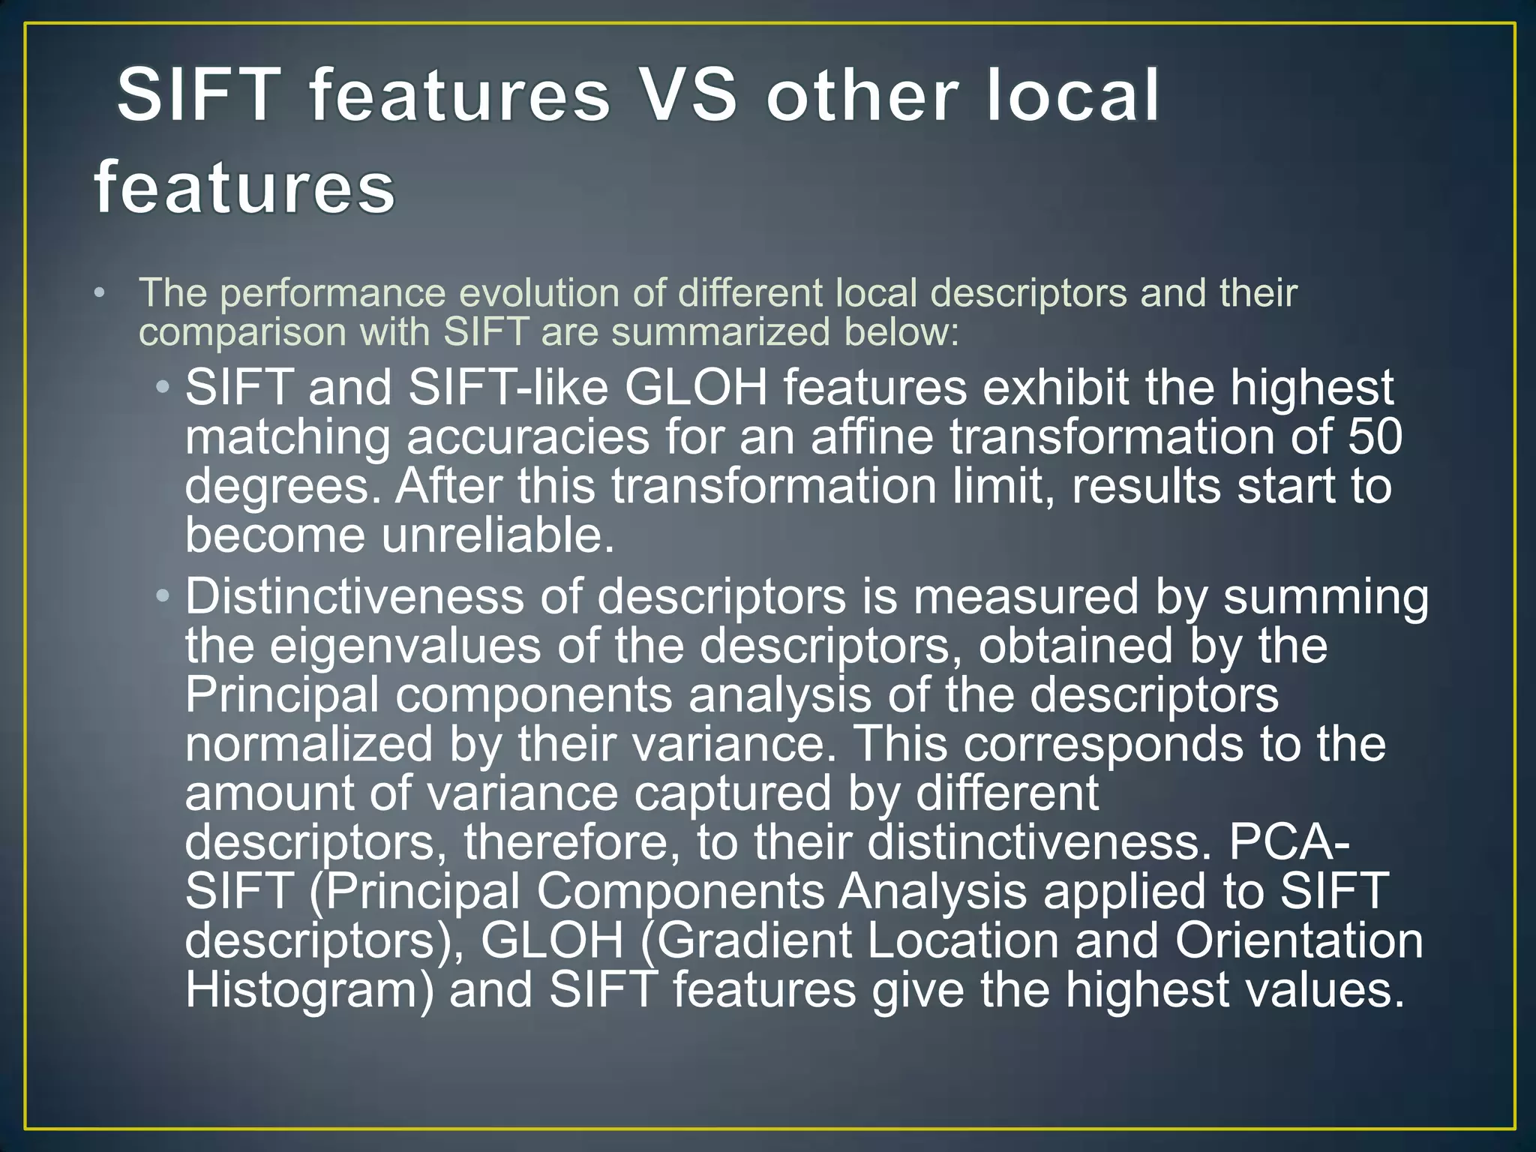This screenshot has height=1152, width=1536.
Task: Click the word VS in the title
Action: [689, 95]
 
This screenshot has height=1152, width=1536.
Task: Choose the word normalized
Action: [309, 744]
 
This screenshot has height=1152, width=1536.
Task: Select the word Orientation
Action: [1299, 940]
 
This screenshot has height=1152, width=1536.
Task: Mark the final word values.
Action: [1324, 990]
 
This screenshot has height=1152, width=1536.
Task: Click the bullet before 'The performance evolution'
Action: [100, 293]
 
